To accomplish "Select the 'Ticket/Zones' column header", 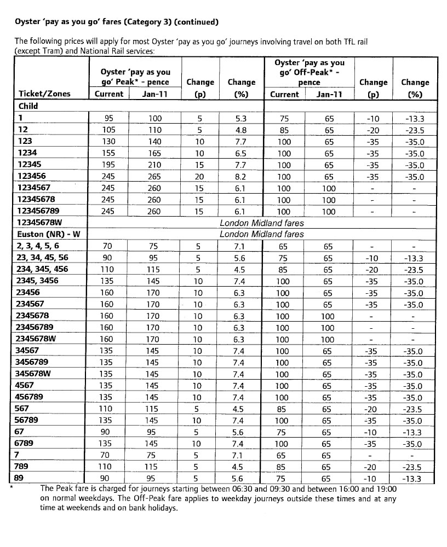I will (x=45, y=94).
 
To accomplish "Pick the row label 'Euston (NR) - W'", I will (x=49, y=234).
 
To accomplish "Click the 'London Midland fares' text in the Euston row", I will (x=261, y=234).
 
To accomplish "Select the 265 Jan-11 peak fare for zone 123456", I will (x=155, y=176).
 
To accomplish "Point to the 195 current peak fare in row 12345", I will (x=108, y=164).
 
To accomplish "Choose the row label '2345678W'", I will (x=40, y=339).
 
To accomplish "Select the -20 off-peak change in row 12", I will (x=373, y=130).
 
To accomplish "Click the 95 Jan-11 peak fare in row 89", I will (x=155, y=479).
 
